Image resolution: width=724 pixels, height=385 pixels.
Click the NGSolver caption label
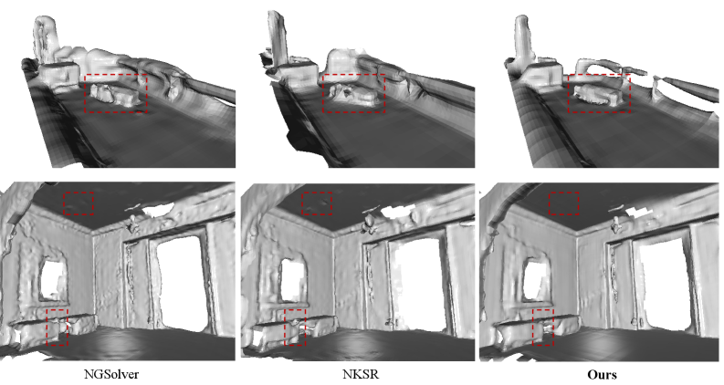point(111,374)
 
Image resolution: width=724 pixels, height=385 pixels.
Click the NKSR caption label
point(361,374)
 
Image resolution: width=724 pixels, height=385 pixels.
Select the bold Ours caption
point(602,374)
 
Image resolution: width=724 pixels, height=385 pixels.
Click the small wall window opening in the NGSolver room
point(54,279)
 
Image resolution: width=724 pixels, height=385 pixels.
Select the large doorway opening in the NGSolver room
point(181,282)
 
